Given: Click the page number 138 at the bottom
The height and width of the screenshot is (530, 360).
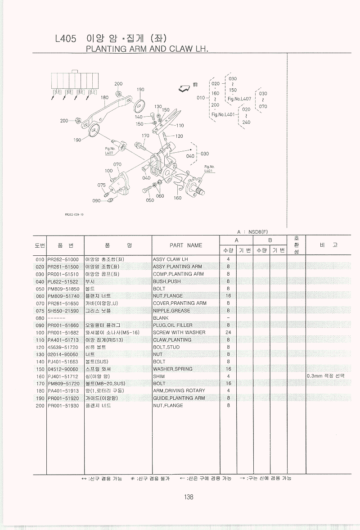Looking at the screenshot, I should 189,497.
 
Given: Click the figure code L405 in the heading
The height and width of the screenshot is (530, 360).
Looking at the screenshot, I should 65,39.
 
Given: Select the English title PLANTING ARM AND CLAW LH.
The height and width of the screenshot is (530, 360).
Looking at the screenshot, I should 147,49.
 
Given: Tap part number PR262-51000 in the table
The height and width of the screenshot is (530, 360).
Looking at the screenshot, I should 63,259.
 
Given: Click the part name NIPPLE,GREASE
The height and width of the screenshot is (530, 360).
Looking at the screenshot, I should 171,311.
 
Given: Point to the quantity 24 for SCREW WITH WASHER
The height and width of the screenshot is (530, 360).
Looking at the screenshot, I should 228,332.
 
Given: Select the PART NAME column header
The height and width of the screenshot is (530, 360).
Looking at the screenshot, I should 186,245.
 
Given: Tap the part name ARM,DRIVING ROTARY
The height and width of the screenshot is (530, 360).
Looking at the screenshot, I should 179,391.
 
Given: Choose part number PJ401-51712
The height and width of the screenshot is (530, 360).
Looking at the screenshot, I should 63,376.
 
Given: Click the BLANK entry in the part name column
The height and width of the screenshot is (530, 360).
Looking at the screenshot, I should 161,318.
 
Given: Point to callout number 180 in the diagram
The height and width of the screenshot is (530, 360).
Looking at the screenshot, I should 105,97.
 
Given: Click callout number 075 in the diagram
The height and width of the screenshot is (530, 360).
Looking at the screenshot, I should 101,185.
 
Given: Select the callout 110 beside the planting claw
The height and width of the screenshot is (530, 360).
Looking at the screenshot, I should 180,126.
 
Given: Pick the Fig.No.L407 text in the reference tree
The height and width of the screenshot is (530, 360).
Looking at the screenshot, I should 239,98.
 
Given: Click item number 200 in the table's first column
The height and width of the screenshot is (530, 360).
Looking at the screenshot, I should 40,406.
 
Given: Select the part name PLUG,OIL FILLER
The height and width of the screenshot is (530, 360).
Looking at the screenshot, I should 172,325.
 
